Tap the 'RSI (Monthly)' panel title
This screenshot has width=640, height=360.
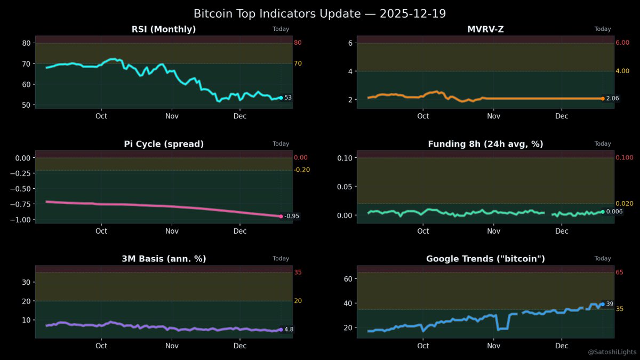click(x=164, y=29)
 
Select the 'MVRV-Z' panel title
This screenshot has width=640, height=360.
click(x=485, y=29)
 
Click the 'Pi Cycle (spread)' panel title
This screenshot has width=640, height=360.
click(x=164, y=144)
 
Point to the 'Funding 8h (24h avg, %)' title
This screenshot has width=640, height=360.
click(x=485, y=144)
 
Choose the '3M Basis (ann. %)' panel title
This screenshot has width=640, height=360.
click(x=164, y=259)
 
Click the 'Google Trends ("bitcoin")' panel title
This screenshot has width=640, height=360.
click(x=485, y=259)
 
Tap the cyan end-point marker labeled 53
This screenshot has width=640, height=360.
click(x=281, y=98)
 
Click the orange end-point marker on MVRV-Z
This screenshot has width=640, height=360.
click(x=603, y=99)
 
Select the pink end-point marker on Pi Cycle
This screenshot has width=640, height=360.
click(x=281, y=216)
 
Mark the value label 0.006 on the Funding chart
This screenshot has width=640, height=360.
click(x=614, y=212)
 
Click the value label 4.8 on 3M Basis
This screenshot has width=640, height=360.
click(x=289, y=330)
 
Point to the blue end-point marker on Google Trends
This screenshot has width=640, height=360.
click(x=603, y=304)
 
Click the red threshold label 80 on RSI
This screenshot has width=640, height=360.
click(x=298, y=43)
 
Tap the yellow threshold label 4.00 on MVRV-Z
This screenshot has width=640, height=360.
click(x=622, y=71)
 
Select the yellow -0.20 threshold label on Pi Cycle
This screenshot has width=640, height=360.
click(x=301, y=170)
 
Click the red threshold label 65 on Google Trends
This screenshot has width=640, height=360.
click(x=619, y=273)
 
